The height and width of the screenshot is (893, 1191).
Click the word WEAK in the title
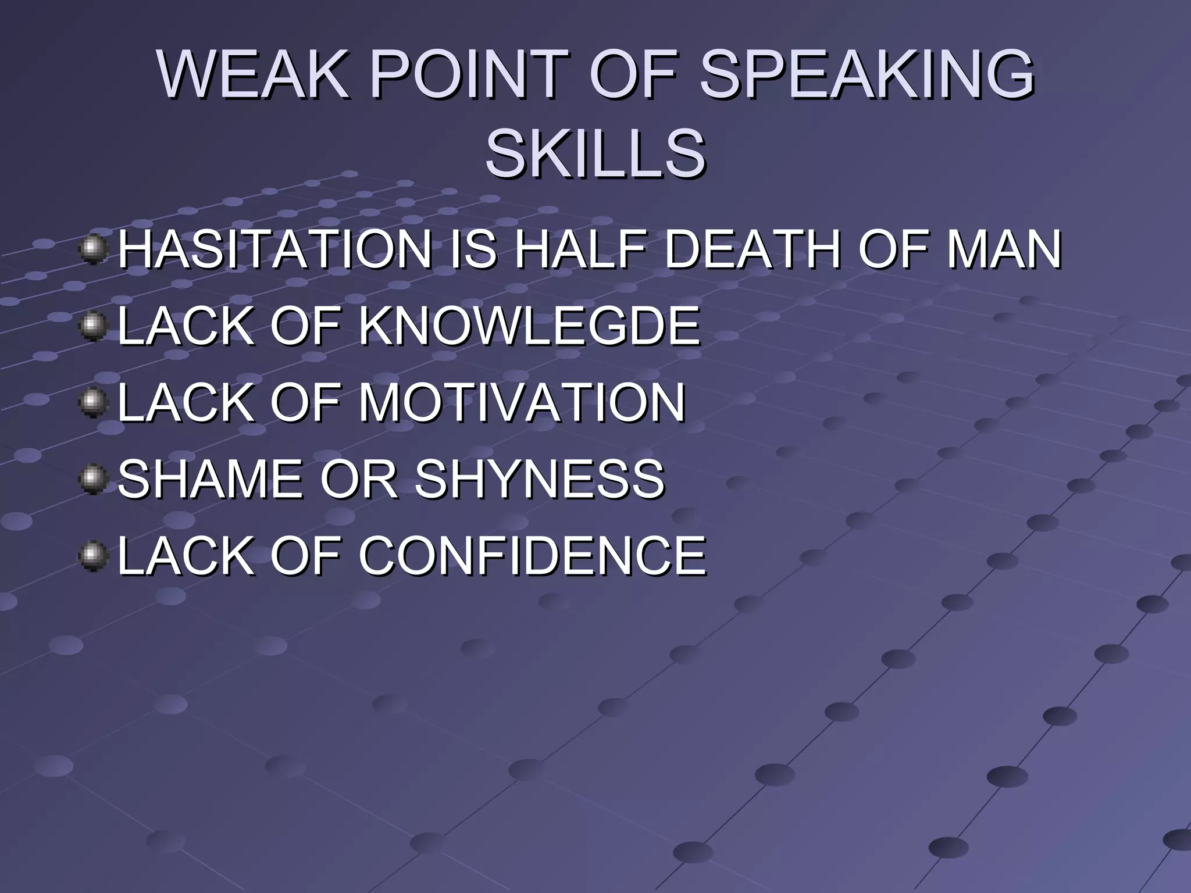click(254, 74)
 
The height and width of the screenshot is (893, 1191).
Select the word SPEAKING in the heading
click(866, 74)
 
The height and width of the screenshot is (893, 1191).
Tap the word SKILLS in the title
click(595, 153)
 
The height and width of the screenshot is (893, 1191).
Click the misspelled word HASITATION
click(274, 249)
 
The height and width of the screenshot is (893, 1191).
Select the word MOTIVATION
click(522, 402)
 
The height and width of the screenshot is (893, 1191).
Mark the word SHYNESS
click(539, 478)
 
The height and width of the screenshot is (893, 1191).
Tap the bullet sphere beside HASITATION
click(93, 250)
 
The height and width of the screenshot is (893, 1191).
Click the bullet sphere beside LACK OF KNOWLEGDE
click(93, 326)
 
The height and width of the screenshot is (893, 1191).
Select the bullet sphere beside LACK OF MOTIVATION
click(93, 403)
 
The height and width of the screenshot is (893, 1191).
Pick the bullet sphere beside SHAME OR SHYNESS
click(93, 479)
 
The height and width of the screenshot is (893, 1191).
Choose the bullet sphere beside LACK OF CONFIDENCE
click(93, 556)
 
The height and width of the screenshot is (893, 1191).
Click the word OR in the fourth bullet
click(358, 478)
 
